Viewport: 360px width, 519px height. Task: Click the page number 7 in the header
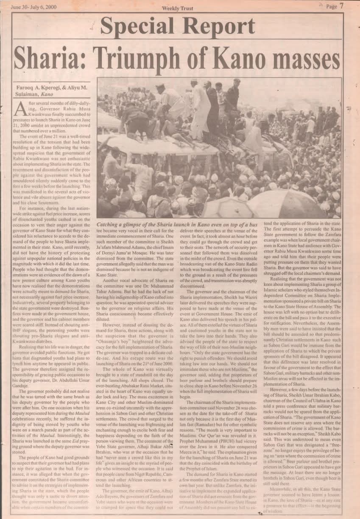[x=341, y=6]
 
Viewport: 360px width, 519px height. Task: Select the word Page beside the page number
[x=331, y=6]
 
